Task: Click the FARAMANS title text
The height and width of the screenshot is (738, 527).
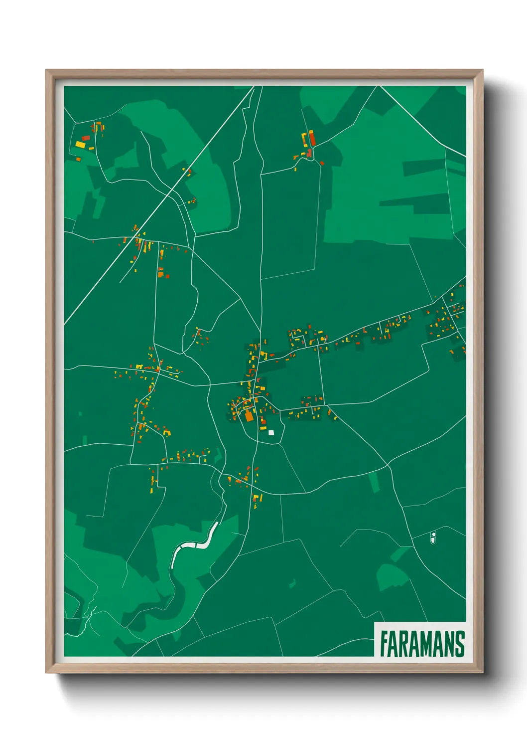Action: click(422, 644)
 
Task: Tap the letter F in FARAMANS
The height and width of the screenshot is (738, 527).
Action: click(385, 644)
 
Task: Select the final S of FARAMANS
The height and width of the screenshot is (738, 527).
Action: click(459, 644)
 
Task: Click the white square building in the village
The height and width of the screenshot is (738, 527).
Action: click(271, 432)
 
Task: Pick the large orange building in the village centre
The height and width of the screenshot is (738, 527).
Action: click(249, 416)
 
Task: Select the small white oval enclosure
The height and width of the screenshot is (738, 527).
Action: click(433, 538)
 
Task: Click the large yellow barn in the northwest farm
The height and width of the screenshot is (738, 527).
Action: click(80, 145)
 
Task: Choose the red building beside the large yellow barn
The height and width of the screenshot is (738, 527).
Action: click(86, 138)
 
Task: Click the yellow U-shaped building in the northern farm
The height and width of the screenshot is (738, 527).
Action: click(304, 139)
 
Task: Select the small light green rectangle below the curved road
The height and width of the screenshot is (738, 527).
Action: click(374, 482)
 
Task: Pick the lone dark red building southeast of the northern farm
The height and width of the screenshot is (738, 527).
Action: click(322, 163)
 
